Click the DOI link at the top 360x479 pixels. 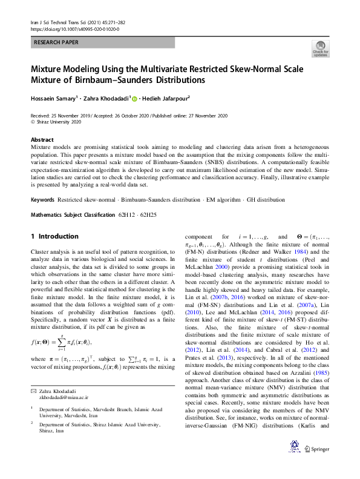(74, 29)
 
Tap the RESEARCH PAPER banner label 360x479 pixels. (56, 43)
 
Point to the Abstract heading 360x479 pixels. (42, 139)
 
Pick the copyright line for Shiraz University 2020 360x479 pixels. (55, 121)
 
